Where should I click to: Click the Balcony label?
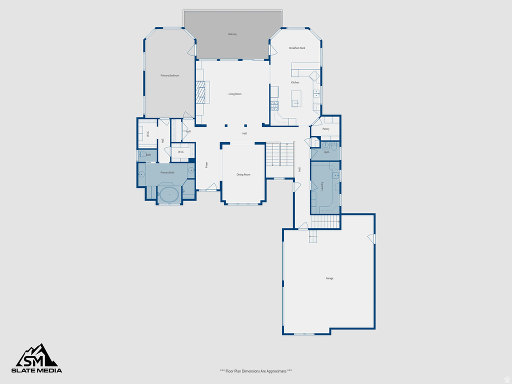point(232,34)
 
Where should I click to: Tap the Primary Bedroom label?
point(169,75)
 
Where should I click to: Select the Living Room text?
point(235,94)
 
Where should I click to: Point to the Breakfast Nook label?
point(297,48)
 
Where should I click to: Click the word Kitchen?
point(295,82)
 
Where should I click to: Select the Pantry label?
point(326,129)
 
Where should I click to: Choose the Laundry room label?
point(322,186)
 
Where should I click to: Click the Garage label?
point(329,278)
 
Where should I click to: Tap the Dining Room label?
point(243,174)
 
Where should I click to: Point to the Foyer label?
point(206,164)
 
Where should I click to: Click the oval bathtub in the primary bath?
point(169,194)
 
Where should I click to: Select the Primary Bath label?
point(167,172)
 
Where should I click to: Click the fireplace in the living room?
point(200,92)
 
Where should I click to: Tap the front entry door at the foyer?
point(212,187)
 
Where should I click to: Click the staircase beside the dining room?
point(280,154)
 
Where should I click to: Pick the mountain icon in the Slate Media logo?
point(37,355)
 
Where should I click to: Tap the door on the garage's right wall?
point(371,238)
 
